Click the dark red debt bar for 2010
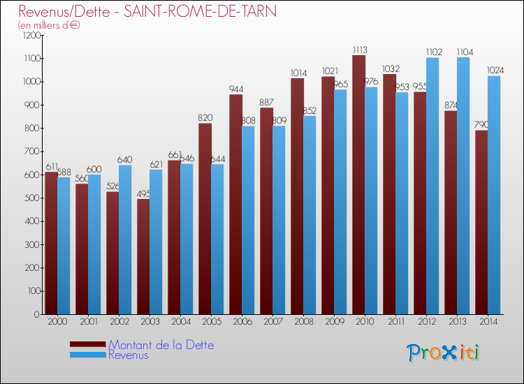(358, 185)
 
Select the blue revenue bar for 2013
(481, 186)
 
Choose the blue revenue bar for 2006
(248, 220)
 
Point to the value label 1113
(359, 50)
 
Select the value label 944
(236, 89)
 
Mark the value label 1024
(495, 71)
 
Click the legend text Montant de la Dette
(161, 345)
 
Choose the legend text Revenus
(128, 355)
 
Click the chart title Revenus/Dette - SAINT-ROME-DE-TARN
(147, 12)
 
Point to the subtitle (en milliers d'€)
(49, 25)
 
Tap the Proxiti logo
(443, 353)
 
